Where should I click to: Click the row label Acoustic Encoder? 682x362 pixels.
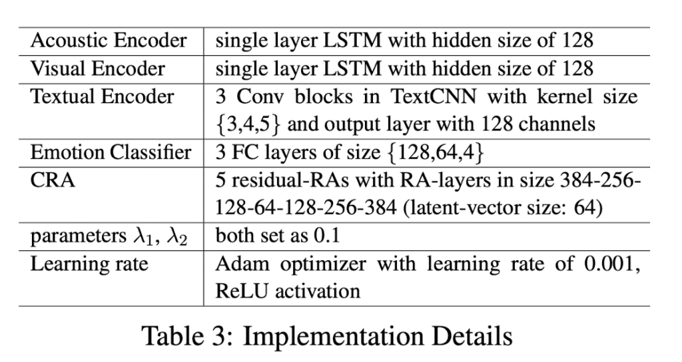click(x=109, y=41)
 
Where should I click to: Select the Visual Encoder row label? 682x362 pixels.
click(x=98, y=69)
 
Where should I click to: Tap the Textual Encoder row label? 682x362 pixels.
click(x=102, y=96)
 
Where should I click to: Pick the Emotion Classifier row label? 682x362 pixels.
click(x=111, y=152)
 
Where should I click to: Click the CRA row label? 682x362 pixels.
click(x=53, y=180)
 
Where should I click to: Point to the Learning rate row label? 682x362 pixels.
click(x=89, y=264)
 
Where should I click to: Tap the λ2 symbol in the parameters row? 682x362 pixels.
click(x=177, y=236)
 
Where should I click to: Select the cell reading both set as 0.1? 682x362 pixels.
click(x=278, y=236)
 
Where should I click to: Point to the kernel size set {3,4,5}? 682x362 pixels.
click(x=248, y=124)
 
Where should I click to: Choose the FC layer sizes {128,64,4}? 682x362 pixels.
click(x=435, y=153)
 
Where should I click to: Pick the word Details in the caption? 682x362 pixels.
click(x=472, y=336)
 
